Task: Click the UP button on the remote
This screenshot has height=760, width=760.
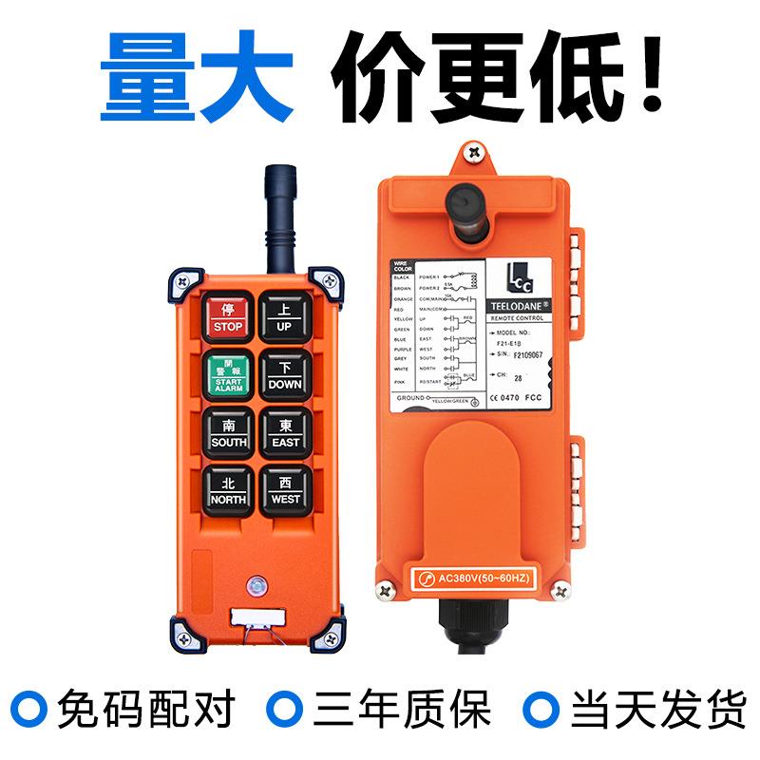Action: point(284,317)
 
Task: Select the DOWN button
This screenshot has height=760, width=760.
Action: point(284,375)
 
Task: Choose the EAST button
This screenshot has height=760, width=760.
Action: point(284,433)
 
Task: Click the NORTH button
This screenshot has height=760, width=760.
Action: point(228,490)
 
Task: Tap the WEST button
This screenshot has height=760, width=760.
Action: point(284,490)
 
